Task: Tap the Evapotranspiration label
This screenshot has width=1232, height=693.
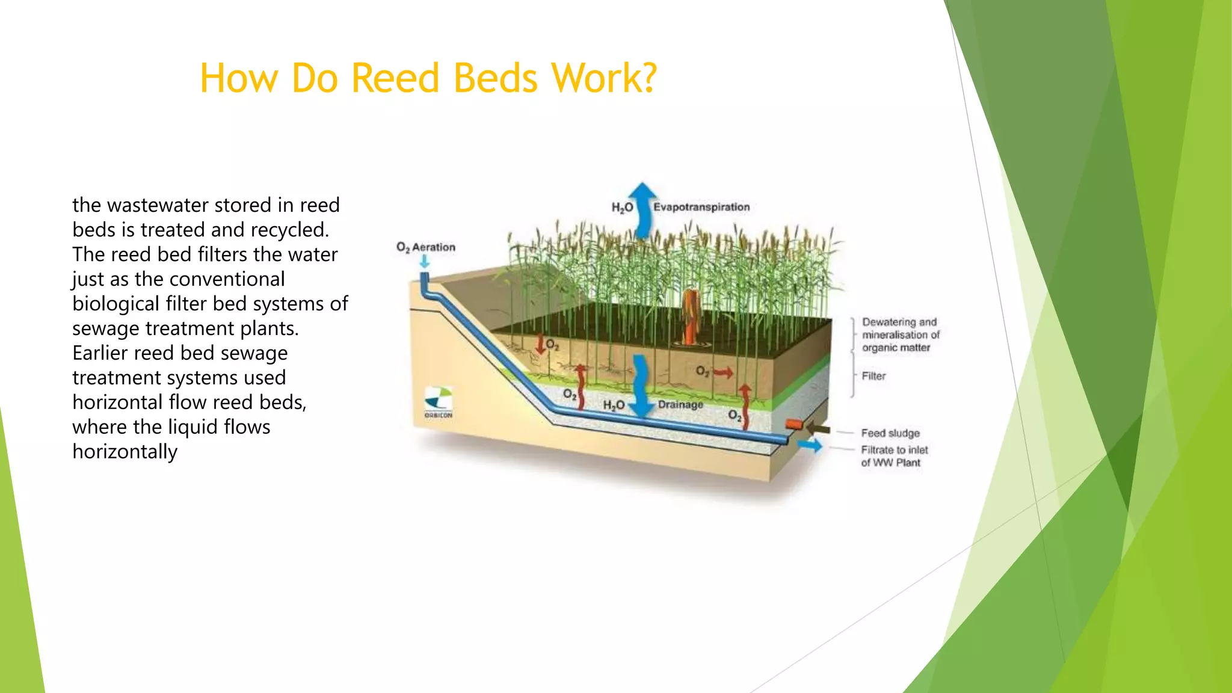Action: coord(701,207)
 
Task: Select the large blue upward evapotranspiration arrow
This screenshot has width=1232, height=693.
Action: coord(644,211)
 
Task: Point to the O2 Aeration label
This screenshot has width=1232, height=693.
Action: coord(426,247)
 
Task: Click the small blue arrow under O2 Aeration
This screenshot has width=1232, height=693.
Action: coord(425,262)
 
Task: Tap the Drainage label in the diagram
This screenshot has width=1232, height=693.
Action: coord(680,404)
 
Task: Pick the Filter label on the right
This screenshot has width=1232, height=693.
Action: coord(873,376)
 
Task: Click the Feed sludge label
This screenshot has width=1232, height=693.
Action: coord(890,433)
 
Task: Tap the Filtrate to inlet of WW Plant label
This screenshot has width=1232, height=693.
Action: coord(894,456)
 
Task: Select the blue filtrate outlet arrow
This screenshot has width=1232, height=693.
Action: coord(810,446)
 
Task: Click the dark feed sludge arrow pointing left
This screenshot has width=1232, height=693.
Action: coord(818,428)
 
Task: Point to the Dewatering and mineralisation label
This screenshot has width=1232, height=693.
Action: coord(900,334)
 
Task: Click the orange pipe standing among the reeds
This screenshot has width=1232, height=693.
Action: coord(689,316)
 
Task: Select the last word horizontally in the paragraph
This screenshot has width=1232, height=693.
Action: coord(125,452)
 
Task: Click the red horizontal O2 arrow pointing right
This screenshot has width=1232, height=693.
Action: coord(723,373)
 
